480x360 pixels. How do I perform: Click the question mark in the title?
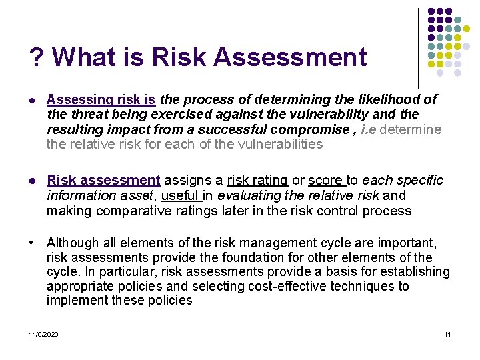coord(37,57)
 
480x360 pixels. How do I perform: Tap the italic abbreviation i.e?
coord(368,129)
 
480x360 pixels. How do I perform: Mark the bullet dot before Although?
coord(35,243)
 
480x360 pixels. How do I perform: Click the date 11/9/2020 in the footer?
coord(43,333)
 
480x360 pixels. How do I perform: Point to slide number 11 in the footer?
coord(447,333)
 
